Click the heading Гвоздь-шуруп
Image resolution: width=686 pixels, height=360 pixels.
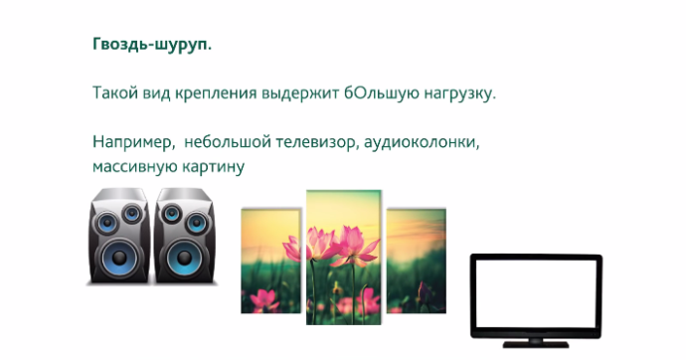point(151,46)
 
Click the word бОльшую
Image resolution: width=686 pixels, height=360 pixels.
point(376,94)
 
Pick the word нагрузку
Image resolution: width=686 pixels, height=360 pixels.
point(453,95)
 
